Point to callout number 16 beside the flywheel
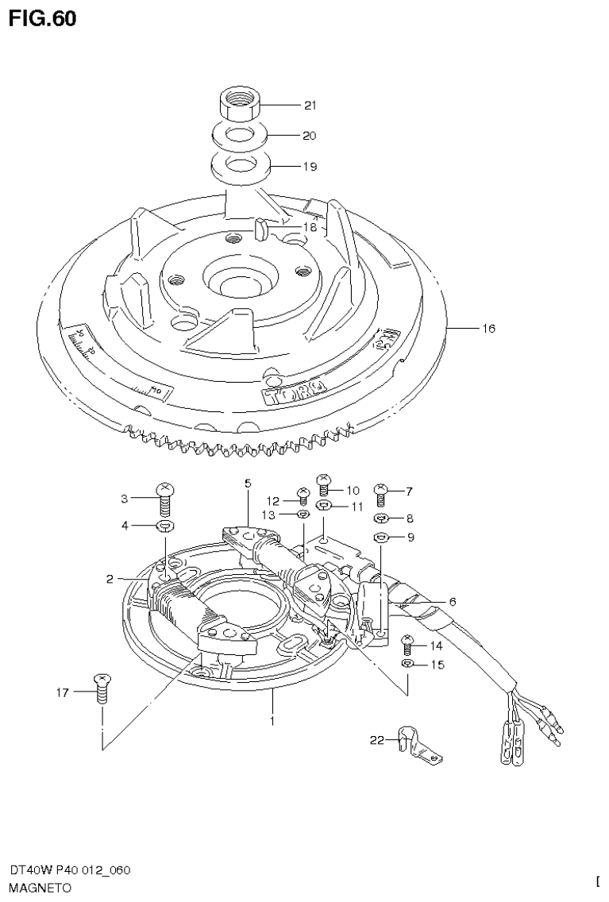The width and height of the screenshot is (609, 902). pos(488,328)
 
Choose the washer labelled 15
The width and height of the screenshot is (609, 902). pos(407,663)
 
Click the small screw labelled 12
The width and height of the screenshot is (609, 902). pos(303,498)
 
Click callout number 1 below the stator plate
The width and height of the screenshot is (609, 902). pos(272,721)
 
